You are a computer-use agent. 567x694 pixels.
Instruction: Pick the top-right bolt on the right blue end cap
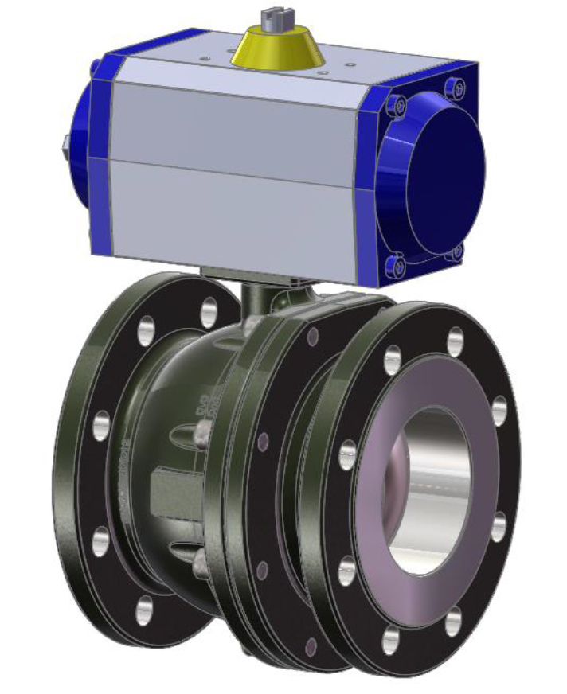455,85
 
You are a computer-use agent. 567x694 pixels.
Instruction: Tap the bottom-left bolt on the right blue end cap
396,266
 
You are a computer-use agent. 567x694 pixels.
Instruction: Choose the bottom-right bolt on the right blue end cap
456,253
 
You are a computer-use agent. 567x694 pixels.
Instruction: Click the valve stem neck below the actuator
256,299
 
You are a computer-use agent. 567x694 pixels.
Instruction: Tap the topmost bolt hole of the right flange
455,341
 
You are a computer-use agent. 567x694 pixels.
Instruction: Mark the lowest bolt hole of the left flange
144,609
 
